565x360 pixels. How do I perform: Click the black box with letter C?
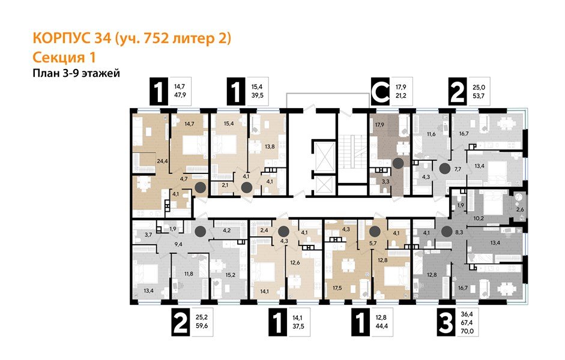pyautogui.click(x=379, y=92)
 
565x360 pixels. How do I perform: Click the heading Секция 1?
pyautogui.click(x=62, y=58)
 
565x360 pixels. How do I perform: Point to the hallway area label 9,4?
pyautogui.click(x=178, y=245)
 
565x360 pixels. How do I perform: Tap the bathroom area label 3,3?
pyautogui.click(x=387, y=180)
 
